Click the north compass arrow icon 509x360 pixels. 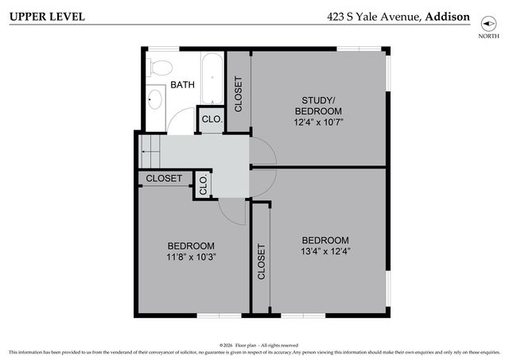pos(484,25)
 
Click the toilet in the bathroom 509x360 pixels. pos(161,67)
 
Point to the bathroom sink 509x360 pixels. pos(156,99)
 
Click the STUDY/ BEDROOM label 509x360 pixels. pos(318,105)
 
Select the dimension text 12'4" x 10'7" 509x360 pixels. pos(318,123)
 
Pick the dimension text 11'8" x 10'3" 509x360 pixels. pos(191,257)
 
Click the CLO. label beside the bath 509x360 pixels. pos(211,119)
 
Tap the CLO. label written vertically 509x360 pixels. pos(203,186)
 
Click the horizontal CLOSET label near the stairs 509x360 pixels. pos(164,179)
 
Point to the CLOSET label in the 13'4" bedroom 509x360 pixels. pos(261,261)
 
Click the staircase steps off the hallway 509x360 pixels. pos(150,147)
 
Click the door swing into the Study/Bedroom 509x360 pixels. pos(262,151)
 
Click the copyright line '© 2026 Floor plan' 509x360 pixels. pos(258,345)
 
